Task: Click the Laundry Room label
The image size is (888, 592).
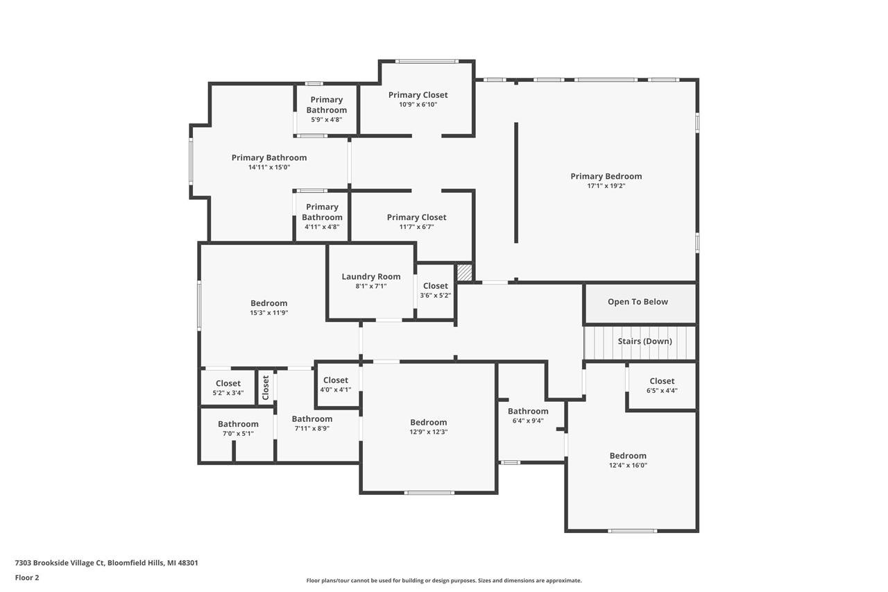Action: pos(370,276)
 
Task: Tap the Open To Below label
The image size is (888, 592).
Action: pos(638,302)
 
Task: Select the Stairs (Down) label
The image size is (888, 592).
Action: pos(644,341)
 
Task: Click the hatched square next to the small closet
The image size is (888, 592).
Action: pos(464,272)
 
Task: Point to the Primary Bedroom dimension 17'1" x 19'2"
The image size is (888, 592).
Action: pos(606,186)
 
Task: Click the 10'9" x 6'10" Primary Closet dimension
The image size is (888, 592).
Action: pos(418,105)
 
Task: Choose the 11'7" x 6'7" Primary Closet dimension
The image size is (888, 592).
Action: pos(416,227)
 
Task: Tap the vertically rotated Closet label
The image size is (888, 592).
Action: pos(265,387)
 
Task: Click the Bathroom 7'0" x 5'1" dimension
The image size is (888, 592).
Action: pos(238,434)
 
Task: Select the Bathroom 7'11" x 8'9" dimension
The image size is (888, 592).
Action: pos(311,428)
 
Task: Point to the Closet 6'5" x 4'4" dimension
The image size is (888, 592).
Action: pos(661,391)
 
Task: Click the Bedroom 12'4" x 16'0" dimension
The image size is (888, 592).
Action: pos(628,466)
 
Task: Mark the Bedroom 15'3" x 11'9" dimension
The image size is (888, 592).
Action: pos(268,313)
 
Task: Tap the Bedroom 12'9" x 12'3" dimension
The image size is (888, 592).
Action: pos(428,432)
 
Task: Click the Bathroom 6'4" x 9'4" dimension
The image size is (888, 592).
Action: pos(528,421)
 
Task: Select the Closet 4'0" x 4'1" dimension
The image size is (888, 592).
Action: pos(335,389)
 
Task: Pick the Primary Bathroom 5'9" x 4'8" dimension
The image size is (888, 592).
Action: pos(326,119)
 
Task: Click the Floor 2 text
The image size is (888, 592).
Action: pos(27,577)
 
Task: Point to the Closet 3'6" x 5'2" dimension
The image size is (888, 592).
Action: pos(435,295)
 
